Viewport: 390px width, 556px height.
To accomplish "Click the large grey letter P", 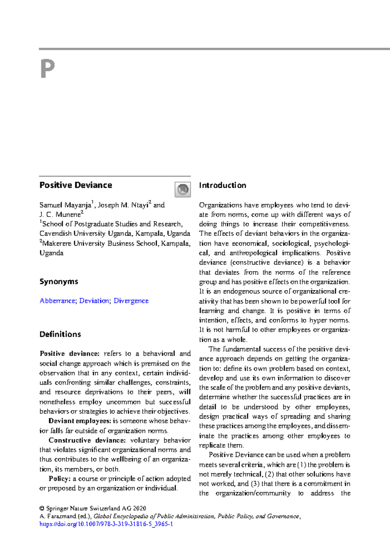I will coord(47,69).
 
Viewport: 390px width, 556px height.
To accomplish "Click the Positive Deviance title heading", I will coord(76,185).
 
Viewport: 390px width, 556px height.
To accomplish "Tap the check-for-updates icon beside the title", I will coord(183,189).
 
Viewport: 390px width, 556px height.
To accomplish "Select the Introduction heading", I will coord(223,185).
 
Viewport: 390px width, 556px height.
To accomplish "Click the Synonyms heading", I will coord(59,282).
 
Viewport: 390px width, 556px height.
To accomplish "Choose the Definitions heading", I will coord(60,334).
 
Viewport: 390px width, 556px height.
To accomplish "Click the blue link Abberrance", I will coord(57,301).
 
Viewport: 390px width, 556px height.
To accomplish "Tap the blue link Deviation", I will coord(94,301).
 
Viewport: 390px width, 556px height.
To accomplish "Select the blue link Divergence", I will coord(131,301).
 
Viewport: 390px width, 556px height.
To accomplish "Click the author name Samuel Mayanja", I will coord(65,205).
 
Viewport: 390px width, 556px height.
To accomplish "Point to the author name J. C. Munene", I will coord(60,215).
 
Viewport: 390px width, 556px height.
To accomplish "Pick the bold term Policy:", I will coord(59,479).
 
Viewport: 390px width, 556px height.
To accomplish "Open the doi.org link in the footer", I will coord(106,524).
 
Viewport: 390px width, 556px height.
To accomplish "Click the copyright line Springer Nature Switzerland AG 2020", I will coord(96,508).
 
